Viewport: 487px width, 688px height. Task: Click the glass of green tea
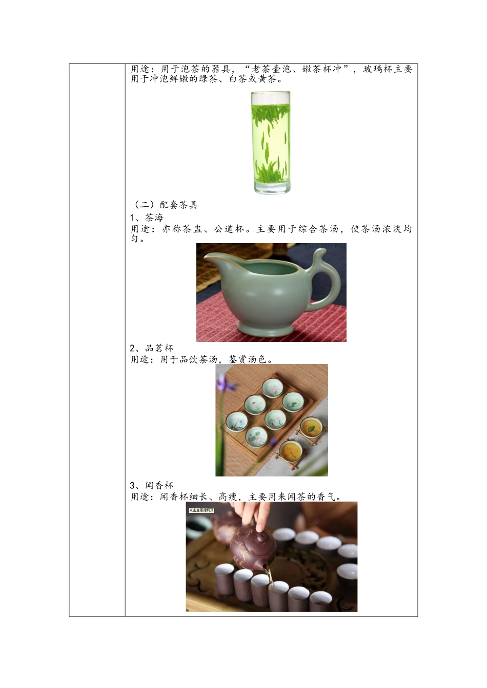click(271, 142)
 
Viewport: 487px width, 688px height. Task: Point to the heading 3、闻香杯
click(152, 485)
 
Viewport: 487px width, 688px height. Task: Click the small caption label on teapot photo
click(201, 510)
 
